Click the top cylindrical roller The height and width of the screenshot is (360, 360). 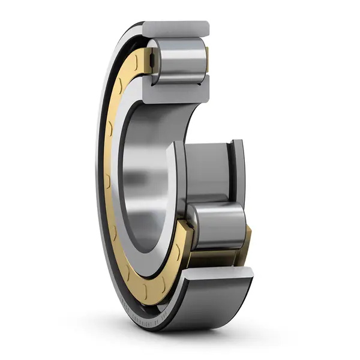point(179,59)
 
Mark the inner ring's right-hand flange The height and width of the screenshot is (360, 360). point(238,171)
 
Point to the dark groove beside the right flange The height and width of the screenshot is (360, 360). point(230,171)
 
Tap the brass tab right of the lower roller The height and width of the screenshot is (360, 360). point(247,236)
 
